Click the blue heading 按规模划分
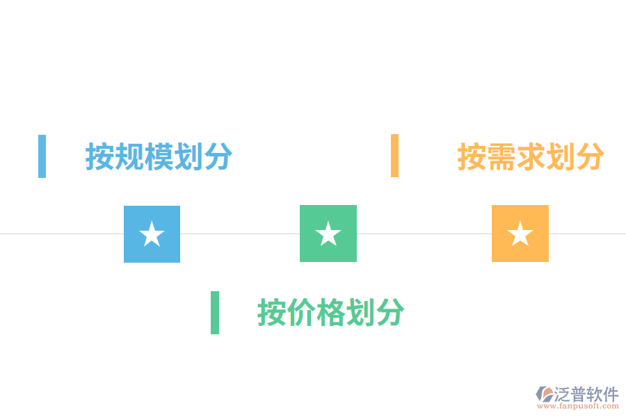[x=159, y=156]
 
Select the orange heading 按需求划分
[x=531, y=156]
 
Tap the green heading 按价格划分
[x=331, y=312]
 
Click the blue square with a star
[x=152, y=234]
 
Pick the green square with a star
[x=328, y=234]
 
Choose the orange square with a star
[x=520, y=234]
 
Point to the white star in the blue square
[x=152, y=234]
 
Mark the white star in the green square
[x=328, y=234]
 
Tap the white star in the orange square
[x=520, y=234]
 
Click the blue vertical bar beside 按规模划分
[x=42, y=156]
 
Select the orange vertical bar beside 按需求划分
[x=394, y=156]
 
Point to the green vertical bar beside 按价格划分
[x=215, y=313]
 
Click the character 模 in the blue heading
[x=159, y=156]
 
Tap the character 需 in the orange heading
[x=501, y=156]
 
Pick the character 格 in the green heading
[x=331, y=312]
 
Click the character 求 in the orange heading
[x=531, y=156]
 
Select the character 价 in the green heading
[x=301, y=312]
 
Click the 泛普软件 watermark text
[x=586, y=394]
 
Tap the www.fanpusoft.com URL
[x=578, y=406]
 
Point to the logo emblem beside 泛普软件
[x=545, y=394]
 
